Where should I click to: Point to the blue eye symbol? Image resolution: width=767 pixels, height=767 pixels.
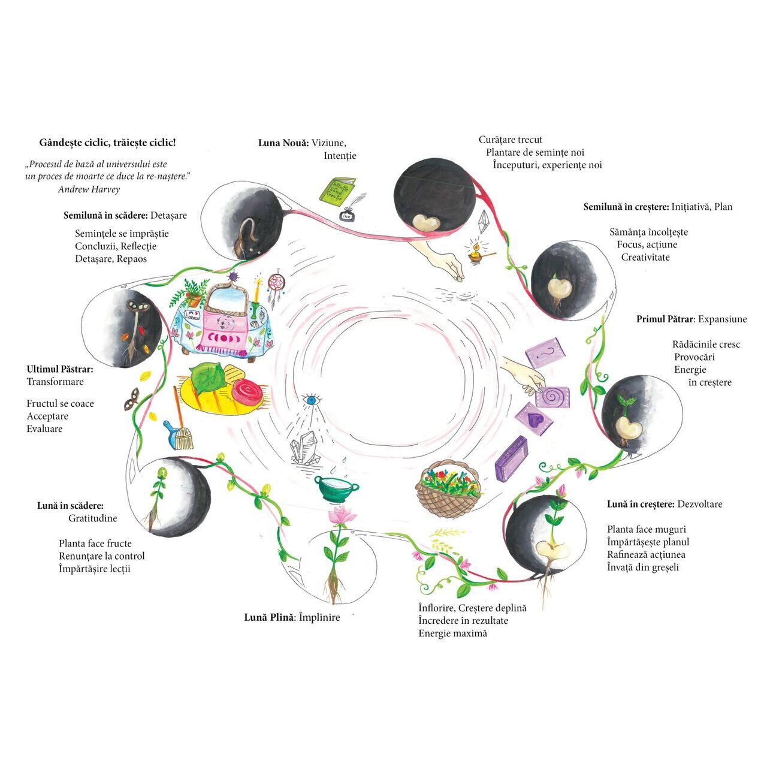coord(310,399)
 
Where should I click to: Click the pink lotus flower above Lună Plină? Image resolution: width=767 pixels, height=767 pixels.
coord(342,515)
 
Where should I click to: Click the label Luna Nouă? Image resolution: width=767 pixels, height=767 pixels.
coord(283,143)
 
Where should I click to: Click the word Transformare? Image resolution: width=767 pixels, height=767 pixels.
coord(55,382)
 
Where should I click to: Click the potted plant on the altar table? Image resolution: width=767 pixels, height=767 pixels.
coord(193,294)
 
